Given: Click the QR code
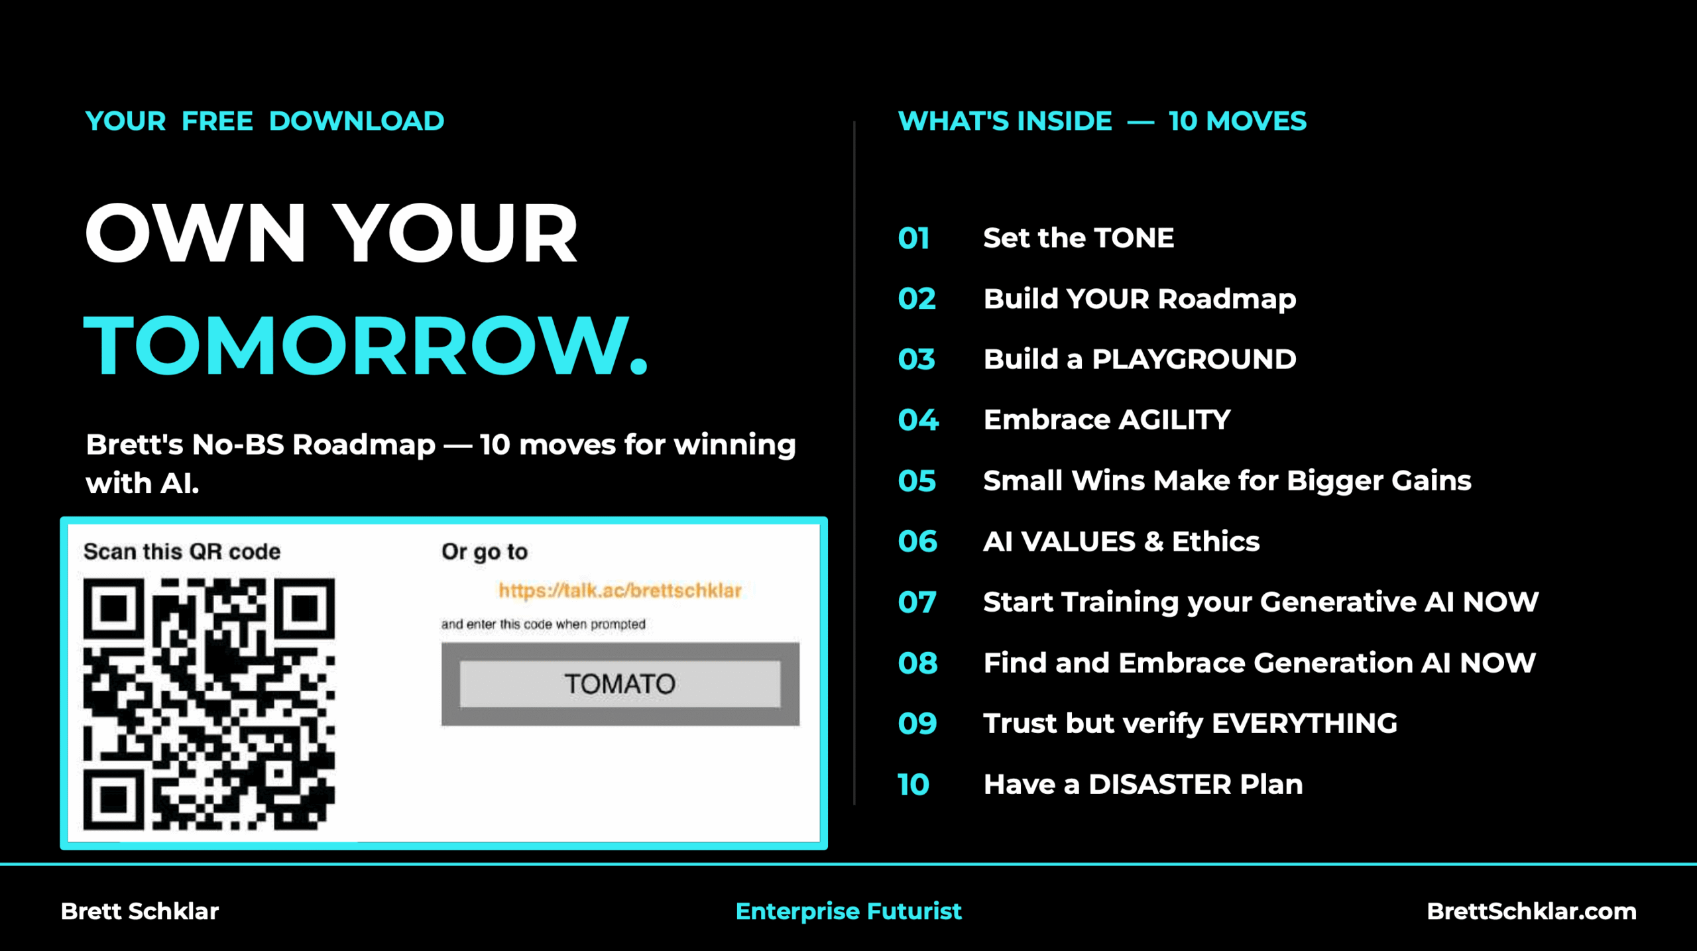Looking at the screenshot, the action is [209, 704].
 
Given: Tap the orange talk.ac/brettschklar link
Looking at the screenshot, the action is [620, 590].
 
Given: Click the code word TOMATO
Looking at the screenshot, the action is [620, 684].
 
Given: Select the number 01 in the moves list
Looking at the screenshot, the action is [913, 239].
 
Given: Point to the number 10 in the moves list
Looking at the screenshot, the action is [913, 785].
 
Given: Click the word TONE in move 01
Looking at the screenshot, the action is [1134, 238].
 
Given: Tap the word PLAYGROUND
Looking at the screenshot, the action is [1194, 359].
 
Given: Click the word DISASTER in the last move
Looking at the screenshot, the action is [1160, 785].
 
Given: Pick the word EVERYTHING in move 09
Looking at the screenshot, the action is [1305, 724].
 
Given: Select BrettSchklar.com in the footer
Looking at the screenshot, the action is [1532, 911].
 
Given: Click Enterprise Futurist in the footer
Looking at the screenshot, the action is [848, 912].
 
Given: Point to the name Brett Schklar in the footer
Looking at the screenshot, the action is [140, 911].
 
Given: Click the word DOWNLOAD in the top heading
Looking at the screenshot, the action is [357, 121].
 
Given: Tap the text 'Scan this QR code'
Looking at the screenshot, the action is [182, 551].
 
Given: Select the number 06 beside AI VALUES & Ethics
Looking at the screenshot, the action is [917, 542].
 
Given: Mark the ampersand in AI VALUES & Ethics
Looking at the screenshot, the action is [1153, 542].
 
